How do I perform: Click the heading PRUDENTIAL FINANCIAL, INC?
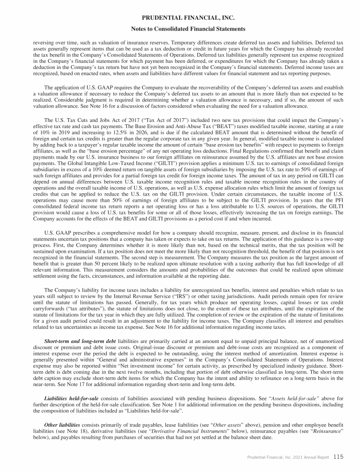(x=180, y=18)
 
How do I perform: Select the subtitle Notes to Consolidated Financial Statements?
(x=180, y=29)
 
